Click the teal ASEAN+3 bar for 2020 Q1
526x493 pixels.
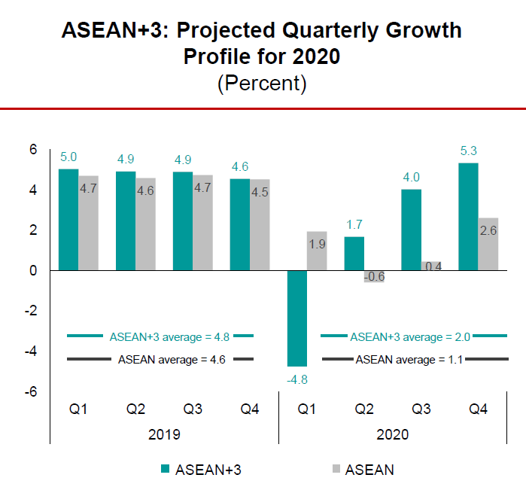296,318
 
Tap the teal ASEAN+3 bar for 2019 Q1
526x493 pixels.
68,219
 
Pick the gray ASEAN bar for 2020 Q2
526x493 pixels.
374,275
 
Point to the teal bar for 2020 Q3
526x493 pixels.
411,230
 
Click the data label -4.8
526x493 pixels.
297,379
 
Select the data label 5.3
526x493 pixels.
469,151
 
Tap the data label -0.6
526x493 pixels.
374,276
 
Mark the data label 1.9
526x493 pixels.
316,243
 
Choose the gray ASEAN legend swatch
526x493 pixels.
336,470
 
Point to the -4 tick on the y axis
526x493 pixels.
32,351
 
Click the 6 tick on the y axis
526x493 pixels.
33,149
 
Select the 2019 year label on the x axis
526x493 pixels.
165,434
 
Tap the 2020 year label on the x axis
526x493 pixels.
393,434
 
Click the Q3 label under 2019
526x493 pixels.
193,409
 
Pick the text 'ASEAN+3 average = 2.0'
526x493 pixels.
412,336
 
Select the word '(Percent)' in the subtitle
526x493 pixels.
262,83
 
